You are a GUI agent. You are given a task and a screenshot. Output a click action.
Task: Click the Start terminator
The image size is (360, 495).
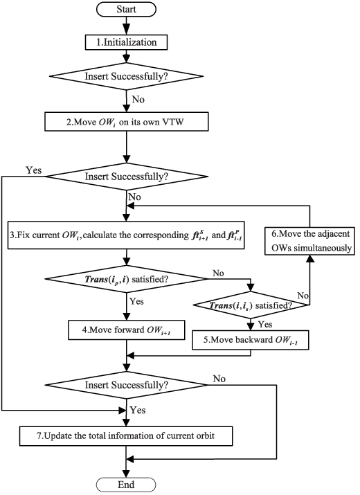click(x=126, y=9)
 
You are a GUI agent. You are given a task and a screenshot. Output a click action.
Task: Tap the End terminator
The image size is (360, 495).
click(x=126, y=485)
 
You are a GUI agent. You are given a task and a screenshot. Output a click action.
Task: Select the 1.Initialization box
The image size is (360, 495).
click(x=126, y=42)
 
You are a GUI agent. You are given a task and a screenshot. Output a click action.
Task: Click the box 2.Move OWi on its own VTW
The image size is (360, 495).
click(x=126, y=122)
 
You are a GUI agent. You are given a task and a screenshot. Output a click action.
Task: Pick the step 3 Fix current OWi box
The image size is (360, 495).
click(x=126, y=235)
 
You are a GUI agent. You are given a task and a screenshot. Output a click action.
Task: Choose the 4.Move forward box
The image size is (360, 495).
click(x=126, y=330)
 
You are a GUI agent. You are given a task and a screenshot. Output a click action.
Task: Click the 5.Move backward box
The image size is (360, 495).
click(x=251, y=340)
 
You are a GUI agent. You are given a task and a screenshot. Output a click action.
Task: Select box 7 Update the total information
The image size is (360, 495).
click(x=126, y=436)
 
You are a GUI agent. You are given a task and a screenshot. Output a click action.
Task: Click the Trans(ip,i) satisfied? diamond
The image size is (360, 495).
click(x=126, y=279)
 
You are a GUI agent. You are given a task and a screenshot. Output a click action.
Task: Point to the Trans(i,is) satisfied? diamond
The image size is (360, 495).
click(x=251, y=305)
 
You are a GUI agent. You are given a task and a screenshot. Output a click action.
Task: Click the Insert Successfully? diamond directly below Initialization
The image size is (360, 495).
click(x=126, y=76)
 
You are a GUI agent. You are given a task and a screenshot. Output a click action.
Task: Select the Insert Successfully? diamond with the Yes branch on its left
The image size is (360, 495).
click(x=126, y=177)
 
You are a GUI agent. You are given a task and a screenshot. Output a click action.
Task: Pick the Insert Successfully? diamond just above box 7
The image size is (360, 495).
click(x=126, y=385)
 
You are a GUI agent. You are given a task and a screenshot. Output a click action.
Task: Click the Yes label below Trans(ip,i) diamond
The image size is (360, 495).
click(x=137, y=301)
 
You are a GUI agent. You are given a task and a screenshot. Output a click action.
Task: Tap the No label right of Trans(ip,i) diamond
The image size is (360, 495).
click(x=218, y=273)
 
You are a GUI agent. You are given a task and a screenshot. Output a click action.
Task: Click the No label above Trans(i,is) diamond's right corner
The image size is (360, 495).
click(x=303, y=296)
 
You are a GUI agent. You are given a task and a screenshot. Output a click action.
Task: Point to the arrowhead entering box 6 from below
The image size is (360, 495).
click(x=310, y=258)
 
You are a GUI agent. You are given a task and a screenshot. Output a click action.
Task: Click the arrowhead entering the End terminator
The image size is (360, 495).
click(x=126, y=474)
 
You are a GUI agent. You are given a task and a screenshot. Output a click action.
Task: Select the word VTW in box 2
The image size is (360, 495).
click(x=173, y=122)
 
